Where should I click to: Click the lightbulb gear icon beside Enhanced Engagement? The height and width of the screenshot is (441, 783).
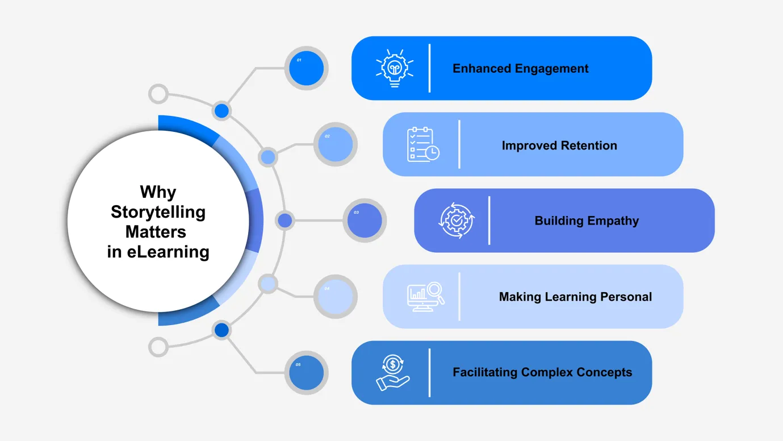394,68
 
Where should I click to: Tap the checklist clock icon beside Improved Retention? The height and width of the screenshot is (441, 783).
423,144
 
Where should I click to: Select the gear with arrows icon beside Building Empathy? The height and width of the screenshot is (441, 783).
457,220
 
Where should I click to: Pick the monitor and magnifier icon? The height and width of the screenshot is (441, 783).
426,297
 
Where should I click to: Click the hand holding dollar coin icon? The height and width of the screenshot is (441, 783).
393,373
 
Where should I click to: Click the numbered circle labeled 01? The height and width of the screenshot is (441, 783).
306,68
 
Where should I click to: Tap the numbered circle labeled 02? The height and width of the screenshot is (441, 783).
335,144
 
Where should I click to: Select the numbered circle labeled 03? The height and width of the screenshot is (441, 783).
364,220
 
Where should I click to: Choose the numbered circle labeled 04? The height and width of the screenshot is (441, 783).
335,297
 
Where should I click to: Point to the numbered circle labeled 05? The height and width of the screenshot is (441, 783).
306,373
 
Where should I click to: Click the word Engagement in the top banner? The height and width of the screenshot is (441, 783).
552,69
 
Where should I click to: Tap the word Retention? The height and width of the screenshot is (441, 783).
589,145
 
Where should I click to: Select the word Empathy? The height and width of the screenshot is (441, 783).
612,220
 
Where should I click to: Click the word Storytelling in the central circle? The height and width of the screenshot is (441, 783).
158,212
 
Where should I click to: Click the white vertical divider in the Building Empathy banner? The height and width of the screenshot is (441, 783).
489,220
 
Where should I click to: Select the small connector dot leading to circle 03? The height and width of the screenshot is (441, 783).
285,220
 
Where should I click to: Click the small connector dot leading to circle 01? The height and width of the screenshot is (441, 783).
221,111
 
